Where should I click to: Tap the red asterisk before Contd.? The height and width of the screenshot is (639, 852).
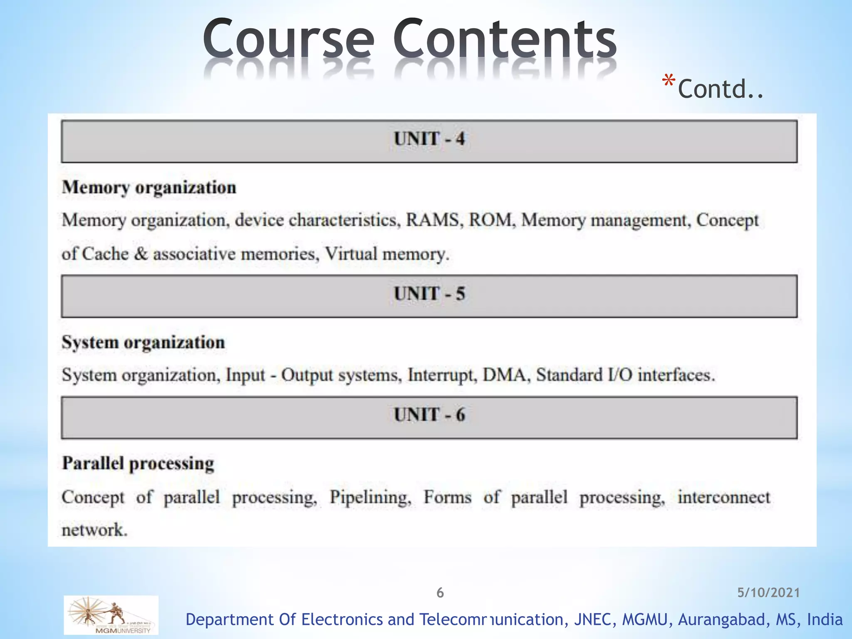coord(668,81)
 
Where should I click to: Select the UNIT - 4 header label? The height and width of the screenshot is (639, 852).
coord(429,139)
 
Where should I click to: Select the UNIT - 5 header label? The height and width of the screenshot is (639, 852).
coord(429,294)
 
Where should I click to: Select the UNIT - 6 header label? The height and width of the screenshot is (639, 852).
coord(429,415)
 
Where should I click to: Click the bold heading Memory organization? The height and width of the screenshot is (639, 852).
coord(149,188)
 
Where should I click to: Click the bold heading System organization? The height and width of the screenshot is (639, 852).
coord(143,343)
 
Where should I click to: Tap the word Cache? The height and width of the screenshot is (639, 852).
coord(105,254)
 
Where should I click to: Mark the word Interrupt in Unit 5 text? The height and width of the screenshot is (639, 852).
coord(442,375)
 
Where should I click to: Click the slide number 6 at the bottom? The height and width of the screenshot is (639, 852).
coord(440,593)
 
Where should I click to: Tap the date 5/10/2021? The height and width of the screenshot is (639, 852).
coord(768,593)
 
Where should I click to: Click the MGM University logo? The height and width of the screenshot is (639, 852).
coord(111,615)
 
